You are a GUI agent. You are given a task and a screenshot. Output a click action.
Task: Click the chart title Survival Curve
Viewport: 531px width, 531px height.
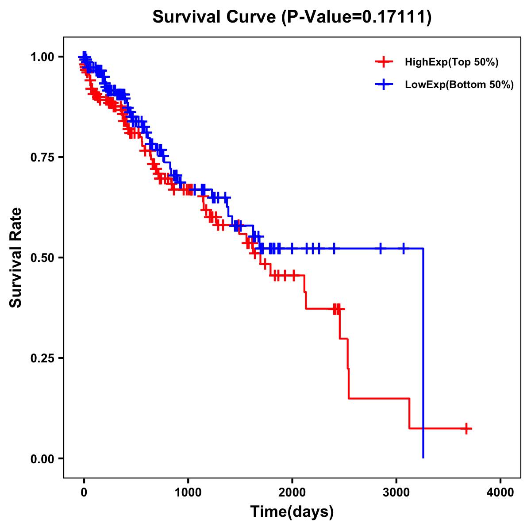pos(215,17)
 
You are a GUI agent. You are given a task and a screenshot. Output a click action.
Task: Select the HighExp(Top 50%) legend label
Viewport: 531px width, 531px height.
pos(451,62)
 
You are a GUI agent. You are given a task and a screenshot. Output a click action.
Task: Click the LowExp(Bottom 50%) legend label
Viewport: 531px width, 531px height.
pos(459,85)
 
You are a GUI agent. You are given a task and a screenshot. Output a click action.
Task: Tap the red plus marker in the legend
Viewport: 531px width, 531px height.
pos(384,62)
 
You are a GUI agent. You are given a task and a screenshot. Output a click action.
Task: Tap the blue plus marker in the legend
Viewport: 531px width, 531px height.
pos(384,84)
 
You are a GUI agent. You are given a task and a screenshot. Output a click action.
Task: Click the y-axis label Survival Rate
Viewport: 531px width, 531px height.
pos(16,257)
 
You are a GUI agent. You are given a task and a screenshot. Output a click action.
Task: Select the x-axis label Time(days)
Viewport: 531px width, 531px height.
pos(292,512)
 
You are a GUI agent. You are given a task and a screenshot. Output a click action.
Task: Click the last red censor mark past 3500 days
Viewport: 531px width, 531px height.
pos(466,428)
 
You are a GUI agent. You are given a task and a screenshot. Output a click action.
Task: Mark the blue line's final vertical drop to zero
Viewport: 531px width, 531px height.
pos(423,354)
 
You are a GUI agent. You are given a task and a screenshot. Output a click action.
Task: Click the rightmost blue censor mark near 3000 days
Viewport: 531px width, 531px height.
pos(403,248)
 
